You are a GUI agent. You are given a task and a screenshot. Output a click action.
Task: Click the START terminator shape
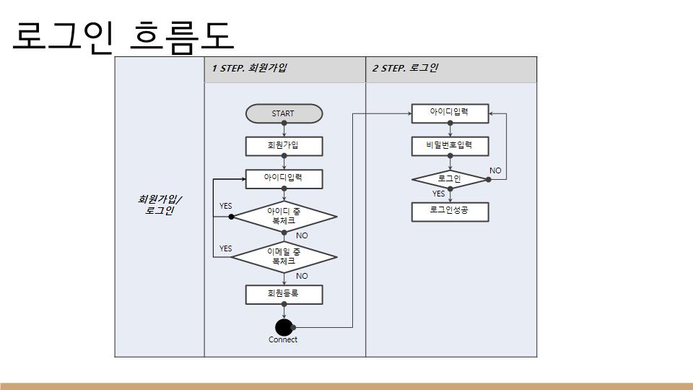coord(284,113)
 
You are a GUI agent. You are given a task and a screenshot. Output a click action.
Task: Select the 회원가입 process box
coord(284,146)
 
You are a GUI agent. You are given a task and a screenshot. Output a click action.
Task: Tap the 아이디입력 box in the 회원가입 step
coord(284,179)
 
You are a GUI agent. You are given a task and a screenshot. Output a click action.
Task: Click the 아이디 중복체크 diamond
coord(284,217)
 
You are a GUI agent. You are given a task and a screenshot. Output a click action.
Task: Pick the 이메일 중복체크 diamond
coord(284,257)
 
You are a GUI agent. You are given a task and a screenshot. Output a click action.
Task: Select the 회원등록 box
coord(284,295)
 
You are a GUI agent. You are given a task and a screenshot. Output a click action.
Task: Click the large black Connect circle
coord(284,328)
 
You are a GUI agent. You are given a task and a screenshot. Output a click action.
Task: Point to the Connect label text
coord(283,339)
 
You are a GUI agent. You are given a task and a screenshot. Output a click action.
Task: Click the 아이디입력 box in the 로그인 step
coord(450,113)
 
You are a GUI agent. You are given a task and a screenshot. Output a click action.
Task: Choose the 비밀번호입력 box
coord(450,147)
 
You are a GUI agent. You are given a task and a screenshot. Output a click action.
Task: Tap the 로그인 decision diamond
coord(450,180)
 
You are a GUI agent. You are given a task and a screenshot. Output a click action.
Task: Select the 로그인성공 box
coord(450,212)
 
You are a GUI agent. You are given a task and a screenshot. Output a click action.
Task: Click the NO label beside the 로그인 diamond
coord(495,170)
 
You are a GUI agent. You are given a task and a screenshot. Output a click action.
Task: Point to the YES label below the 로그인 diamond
coord(438,194)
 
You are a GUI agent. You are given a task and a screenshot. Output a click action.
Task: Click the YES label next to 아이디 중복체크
coord(225,206)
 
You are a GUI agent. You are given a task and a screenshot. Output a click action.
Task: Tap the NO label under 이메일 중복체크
coord(302,276)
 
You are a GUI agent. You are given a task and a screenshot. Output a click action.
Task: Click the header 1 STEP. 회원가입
coord(249,68)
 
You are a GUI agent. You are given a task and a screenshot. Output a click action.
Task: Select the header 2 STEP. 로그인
coord(405,68)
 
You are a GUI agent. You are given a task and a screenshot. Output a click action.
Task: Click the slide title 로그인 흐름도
coord(123,36)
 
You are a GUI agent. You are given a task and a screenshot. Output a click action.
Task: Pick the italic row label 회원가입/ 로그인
coord(160,204)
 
